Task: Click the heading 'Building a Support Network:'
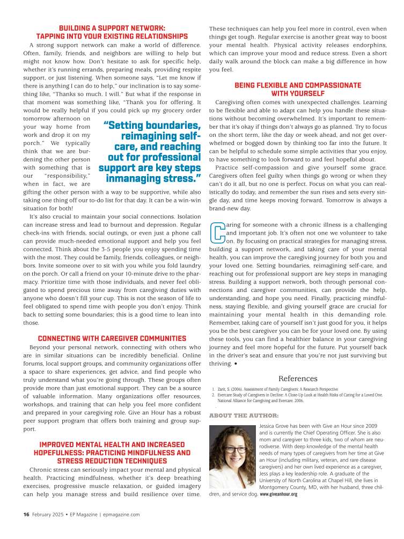112,28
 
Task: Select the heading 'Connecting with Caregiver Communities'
112,338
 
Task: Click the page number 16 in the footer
26,514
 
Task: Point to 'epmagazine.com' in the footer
122,514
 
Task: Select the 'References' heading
298,378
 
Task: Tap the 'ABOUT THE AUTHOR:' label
244,416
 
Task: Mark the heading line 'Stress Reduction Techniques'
112,461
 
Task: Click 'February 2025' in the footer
47,514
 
